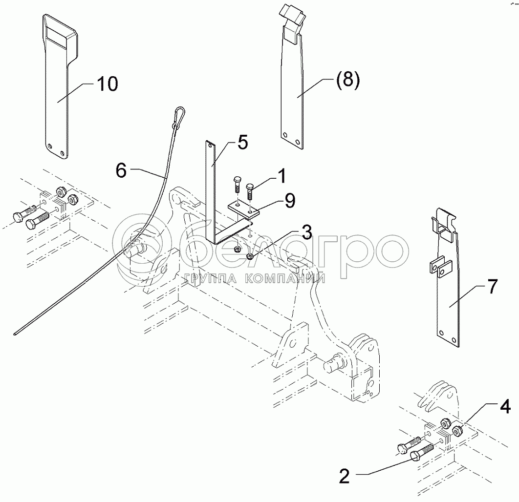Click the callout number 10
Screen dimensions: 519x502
click(107, 84)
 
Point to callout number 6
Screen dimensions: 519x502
click(121, 170)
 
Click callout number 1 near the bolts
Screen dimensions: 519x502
click(281, 176)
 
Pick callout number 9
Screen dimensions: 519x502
click(290, 201)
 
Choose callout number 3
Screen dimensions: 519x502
click(307, 232)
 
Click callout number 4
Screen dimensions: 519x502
click(505, 407)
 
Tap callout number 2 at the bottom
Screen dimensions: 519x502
click(344, 477)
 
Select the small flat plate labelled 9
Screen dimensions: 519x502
click(243, 210)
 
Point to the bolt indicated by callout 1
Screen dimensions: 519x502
click(250, 192)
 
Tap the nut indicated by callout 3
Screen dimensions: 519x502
click(251, 255)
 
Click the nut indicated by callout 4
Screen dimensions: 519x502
click(457, 430)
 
